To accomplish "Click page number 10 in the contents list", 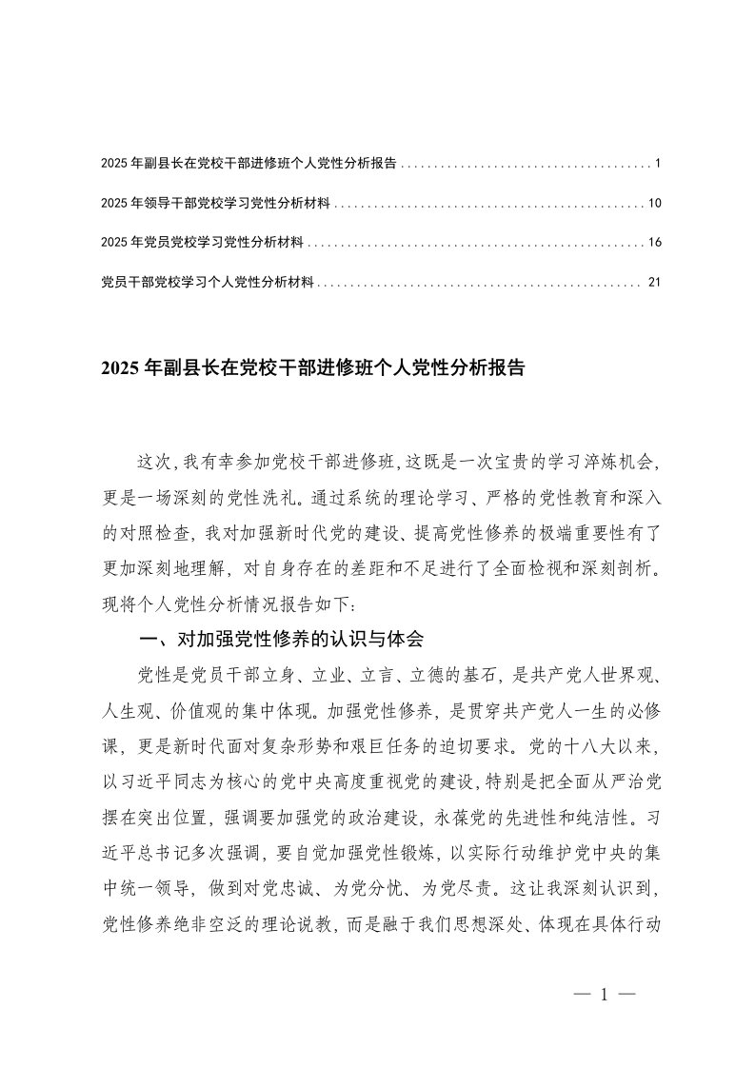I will [x=653, y=204].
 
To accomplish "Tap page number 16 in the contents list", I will [x=653, y=244].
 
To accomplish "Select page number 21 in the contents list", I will [x=653, y=283].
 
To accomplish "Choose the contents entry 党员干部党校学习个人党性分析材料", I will [x=208, y=283].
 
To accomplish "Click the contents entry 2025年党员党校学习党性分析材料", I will [x=202, y=244].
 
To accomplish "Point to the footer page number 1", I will [x=605, y=996].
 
